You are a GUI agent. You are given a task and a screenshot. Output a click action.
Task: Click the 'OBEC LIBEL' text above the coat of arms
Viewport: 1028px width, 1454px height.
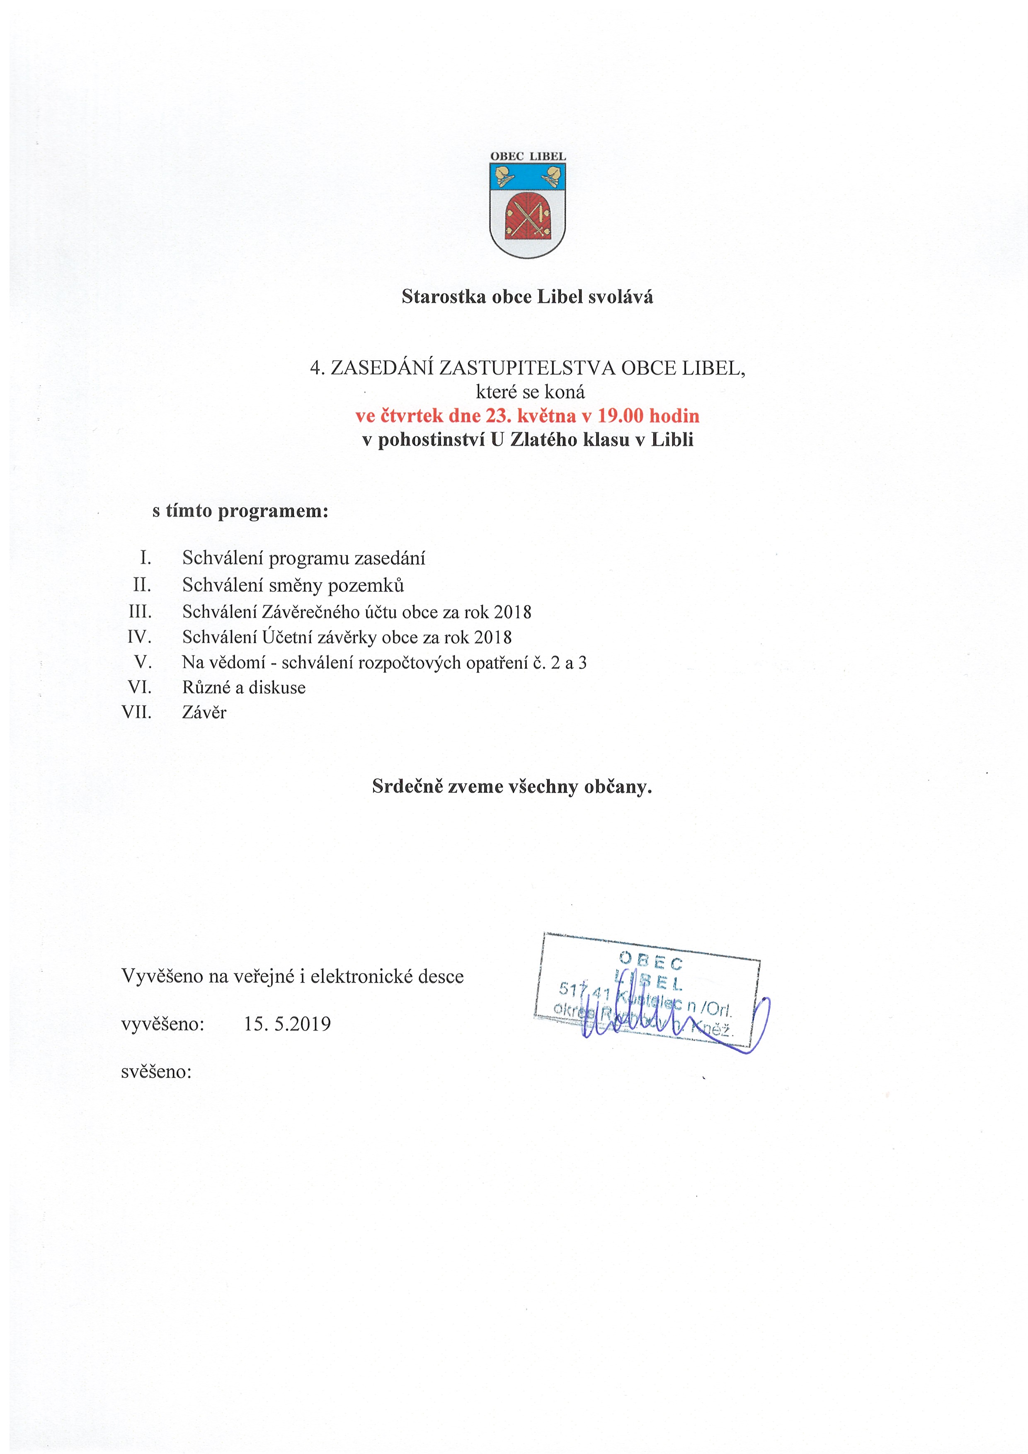click(528, 156)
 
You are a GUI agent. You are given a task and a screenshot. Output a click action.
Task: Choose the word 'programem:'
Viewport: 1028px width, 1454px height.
click(273, 510)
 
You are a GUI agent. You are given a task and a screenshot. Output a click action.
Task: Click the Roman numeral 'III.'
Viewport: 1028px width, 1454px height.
click(140, 612)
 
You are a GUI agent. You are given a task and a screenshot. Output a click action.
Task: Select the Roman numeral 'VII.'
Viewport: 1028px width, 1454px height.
click(137, 712)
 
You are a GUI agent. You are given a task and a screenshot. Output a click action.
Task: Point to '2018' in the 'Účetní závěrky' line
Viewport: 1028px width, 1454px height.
click(493, 637)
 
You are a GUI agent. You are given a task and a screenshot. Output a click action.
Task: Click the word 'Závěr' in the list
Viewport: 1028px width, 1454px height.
click(204, 712)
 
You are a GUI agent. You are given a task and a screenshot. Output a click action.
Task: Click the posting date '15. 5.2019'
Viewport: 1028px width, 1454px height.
click(288, 1024)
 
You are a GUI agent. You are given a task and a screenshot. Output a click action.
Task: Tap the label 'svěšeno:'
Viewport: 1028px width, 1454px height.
click(156, 1072)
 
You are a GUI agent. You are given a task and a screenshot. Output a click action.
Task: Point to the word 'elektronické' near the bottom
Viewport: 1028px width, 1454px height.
click(361, 977)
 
